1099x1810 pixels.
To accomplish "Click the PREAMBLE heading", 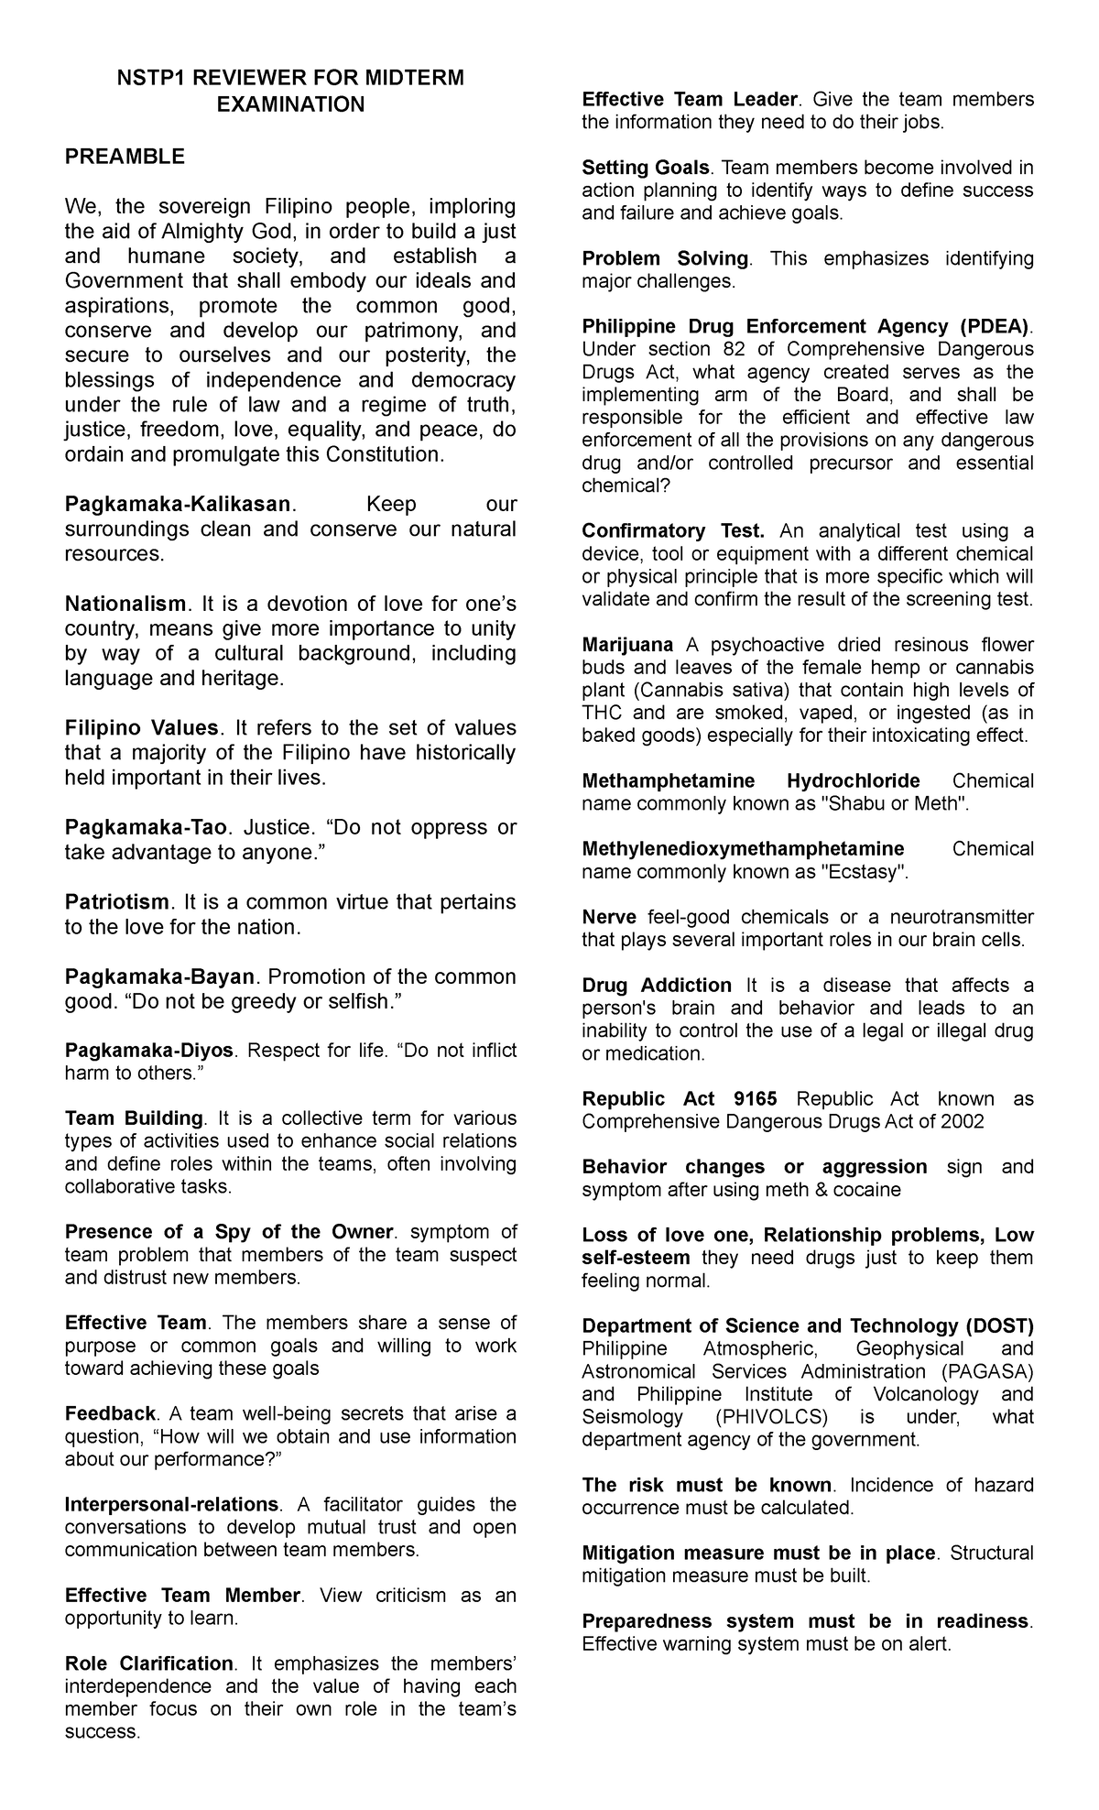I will (x=125, y=157).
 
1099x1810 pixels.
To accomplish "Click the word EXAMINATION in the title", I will (x=290, y=104).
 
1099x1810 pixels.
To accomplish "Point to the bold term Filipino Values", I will (x=142, y=728).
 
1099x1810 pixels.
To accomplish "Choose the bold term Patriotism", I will (x=117, y=902).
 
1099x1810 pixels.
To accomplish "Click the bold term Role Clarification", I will (x=149, y=1663).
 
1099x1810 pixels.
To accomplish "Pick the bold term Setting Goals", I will (x=646, y=168).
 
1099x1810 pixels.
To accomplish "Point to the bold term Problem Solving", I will (x=665, y=258).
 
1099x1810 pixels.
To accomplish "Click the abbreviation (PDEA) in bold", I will (x=994, y=326).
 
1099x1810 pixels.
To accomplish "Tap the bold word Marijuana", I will (x=627, y=645).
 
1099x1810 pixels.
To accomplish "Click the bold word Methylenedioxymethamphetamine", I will (x=743, y=848).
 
